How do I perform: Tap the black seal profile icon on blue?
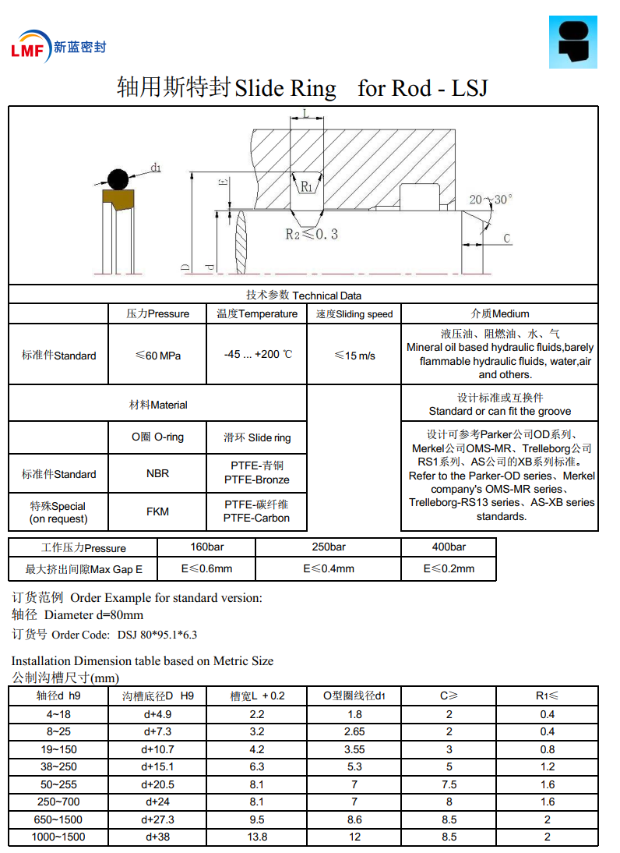pyautogui.click(x=577, y=41)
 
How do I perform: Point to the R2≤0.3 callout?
pyautogui.click(x=311, y=234)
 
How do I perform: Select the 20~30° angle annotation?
pyautogui.click(x=490, y=200)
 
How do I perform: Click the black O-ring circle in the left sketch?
pyautogui.click(x=118, y=179)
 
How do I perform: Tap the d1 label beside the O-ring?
pyautogui.click(x=156, y=167)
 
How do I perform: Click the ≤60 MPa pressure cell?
pyautogui.click(x=157, y=356)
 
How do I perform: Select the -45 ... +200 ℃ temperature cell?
pyautogui.click(x=257, y=355)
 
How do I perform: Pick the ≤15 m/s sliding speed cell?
pyautogui.click(x=354, y=356)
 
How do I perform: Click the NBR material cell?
pyautogui.click(x=157, y=473)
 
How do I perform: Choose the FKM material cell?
pyautogui.click(x=157, y=511)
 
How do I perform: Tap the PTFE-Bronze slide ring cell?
pyautogui.click(x=257, y=473)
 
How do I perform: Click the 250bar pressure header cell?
pyautogui.click(x=328, y=547)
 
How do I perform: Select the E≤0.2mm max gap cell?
pyautogui.click(x=449, y=568)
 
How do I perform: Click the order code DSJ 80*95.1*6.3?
pyautogui.click(x=157, y=635)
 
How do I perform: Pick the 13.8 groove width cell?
pyautogui.click(x=257, y=837)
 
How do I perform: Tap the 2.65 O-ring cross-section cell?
pyautogui.click(x=354, y=731)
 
